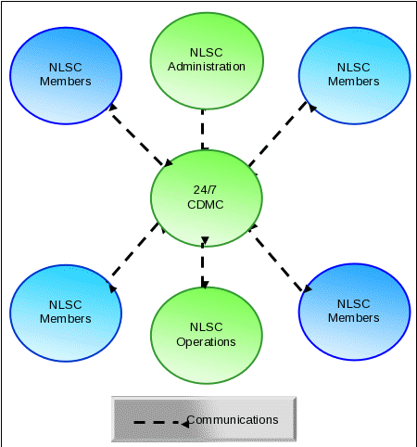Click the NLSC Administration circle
click(207, 61)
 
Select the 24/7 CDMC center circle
click(207, 198)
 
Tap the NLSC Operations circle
click(207, 336)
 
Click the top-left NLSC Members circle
click(66, 76)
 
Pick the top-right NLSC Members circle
click(355, 76)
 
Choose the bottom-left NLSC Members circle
click(66, 313)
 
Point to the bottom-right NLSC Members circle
click(355, 312)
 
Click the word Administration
click(207, 67)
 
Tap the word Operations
click(206, 342)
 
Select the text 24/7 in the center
click(205, 190)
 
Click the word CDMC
click(206, 205)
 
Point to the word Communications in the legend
click(233, 420)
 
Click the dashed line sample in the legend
click(161, 423)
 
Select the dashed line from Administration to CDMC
click(203, 130)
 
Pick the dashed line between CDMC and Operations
click(204, 262)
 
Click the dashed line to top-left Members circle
click(140, 135)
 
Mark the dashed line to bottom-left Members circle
click(136, 257)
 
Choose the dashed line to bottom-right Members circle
click(280, 258)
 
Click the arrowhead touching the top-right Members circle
click(312, 108)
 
